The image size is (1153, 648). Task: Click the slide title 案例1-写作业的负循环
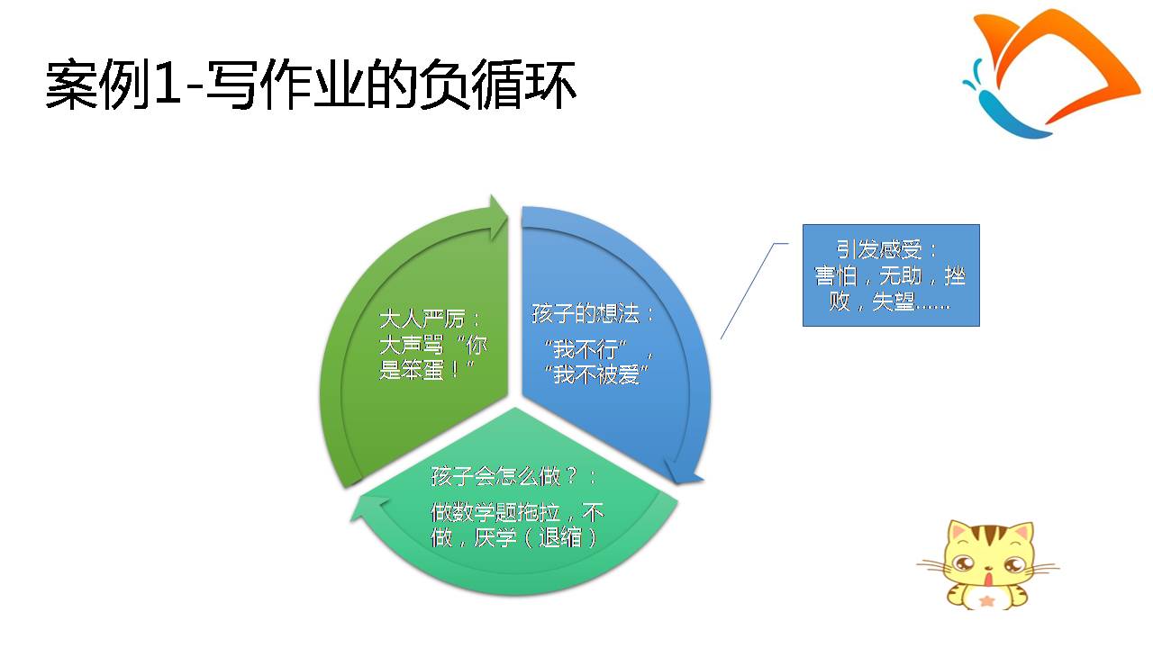click(311, 85)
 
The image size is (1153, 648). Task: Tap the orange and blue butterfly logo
click(1050, 75)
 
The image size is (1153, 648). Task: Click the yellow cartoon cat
click(987, 564)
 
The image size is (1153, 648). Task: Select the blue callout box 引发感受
click(891, 275)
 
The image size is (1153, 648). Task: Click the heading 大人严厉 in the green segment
click(422, 319)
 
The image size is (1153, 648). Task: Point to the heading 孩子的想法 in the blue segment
click(586, 313)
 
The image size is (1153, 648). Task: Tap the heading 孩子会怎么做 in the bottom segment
click(495, 476)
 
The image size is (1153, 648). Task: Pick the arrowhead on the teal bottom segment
click(369, 508)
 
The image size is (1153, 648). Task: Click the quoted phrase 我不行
click(585, 350)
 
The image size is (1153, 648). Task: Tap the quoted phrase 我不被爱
click(596, 374)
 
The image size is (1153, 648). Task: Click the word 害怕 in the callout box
click(835, 275)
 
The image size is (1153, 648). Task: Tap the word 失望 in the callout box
click(893, 301)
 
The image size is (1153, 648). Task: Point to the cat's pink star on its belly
click(986, 600)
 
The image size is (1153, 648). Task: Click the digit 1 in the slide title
click(166, 85)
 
